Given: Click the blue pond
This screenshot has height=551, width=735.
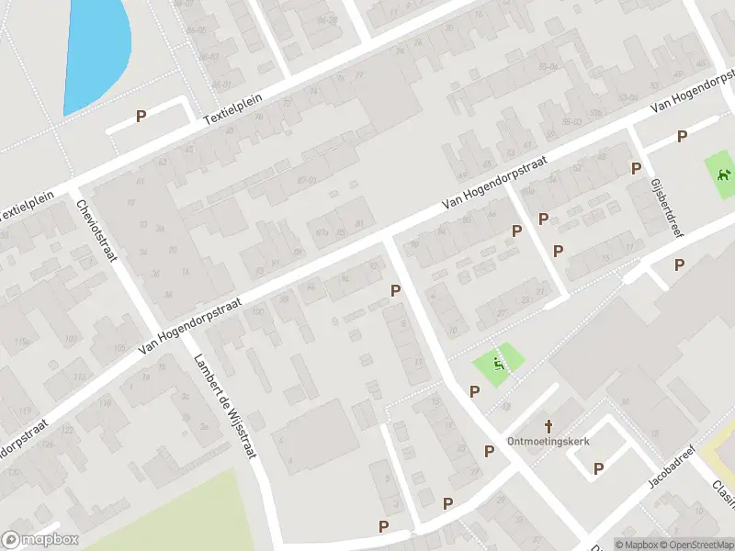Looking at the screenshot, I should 96,51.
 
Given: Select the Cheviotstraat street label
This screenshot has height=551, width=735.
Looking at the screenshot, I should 96,230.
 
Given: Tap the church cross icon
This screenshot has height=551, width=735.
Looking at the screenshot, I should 549,425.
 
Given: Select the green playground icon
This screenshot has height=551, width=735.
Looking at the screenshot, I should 499,364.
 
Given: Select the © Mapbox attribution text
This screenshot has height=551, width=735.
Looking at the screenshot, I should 637,545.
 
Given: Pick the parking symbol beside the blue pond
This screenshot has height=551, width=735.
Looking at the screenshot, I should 141,117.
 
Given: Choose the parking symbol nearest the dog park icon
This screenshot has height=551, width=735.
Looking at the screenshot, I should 682,137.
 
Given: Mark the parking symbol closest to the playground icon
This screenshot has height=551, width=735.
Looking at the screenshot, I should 475,392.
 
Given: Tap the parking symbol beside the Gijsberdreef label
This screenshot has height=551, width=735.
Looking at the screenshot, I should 636,168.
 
